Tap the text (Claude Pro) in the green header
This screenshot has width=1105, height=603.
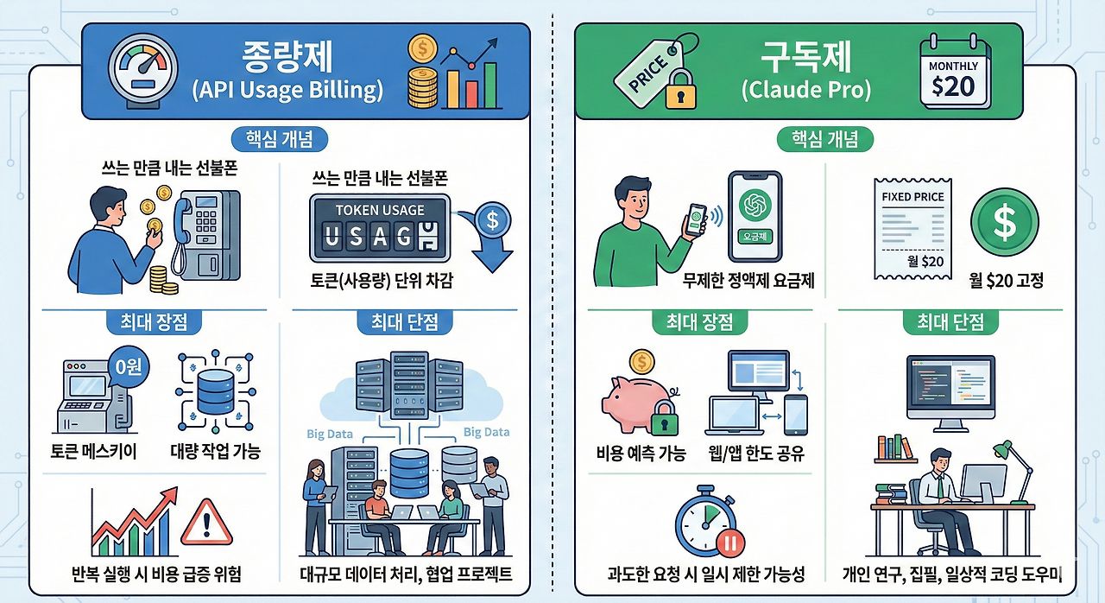[x=805, y=89]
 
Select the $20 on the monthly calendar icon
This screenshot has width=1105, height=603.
[x=953, y=86]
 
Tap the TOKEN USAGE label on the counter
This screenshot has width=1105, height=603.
[x=379, y=210]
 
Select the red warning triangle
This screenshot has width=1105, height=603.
[x=207, y=522]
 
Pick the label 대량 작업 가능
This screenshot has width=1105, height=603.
[x=216, y=451]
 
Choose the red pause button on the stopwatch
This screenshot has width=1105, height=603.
[x=728, y=545]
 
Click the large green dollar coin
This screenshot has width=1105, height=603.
[x=1004, y=223]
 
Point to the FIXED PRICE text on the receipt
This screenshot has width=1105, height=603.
[x=912, y=196]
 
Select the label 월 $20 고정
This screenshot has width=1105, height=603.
[x=1006, y=281]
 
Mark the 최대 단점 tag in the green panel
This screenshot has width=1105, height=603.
[x=950, y=322]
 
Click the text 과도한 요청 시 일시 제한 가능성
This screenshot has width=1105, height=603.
[x=706, y=574]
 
